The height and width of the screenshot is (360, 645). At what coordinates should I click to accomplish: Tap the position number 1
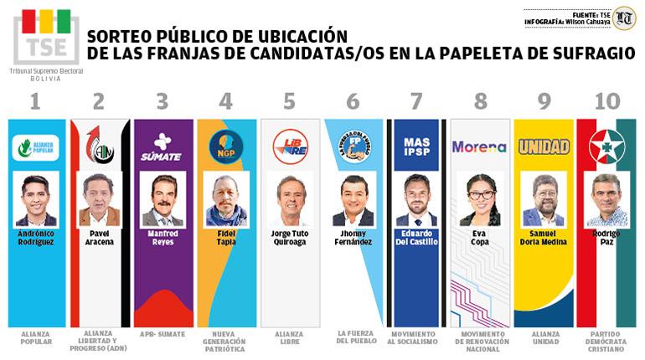pyautogui.click(x=34, y=102)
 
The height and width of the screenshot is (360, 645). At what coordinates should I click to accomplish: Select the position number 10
pyautogui.click(x=606, y=102)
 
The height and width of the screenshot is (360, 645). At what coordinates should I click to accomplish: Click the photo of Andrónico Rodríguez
pyautogui.click(x=36, y=199)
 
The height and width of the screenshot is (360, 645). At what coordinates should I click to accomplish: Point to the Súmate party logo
pyautogui.click(x=162, y=147)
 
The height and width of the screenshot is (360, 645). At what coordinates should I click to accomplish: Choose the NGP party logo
pyautogui.click(x=224, y=145)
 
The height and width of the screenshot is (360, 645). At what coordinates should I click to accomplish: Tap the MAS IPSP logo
pyautogui.click(x=416, y=147)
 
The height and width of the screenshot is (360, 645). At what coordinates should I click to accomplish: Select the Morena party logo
pyautogui.click(x=479, y=147)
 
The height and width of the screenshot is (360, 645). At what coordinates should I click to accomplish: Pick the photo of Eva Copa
pyautogui.click(x=480, y=199)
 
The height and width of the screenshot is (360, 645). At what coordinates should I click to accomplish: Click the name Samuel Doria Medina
pyautogui.click(x=544, y=237)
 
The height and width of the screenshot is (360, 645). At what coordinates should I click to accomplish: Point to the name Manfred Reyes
pyautogui.click(x=163, y=237)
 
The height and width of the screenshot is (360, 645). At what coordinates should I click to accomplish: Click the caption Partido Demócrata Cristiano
pyautogui.click(x=606, y=342)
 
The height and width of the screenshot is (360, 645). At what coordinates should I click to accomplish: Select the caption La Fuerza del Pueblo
pyautogui.click(x=353, y=337)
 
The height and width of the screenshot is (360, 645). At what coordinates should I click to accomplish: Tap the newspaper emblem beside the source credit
pyautogui.click(x=623, y=18)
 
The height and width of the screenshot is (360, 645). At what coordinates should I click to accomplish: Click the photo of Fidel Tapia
pyautogui.click(x=225, y=199)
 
